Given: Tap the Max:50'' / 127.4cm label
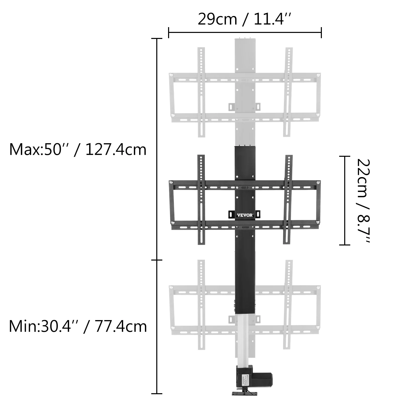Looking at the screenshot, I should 78,150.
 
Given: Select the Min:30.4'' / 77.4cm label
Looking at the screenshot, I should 78,327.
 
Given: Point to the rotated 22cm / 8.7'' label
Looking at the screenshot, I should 363,200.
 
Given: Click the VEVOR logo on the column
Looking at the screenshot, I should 245,215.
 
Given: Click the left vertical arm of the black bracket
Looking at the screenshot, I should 201,200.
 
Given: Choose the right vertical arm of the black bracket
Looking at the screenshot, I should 288,200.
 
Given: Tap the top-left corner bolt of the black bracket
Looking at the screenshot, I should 171,182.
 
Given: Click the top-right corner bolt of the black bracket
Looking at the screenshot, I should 318,182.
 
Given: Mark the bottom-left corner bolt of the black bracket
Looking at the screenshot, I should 173,222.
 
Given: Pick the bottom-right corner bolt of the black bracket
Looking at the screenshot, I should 317,222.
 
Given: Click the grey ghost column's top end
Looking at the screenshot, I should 245,40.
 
